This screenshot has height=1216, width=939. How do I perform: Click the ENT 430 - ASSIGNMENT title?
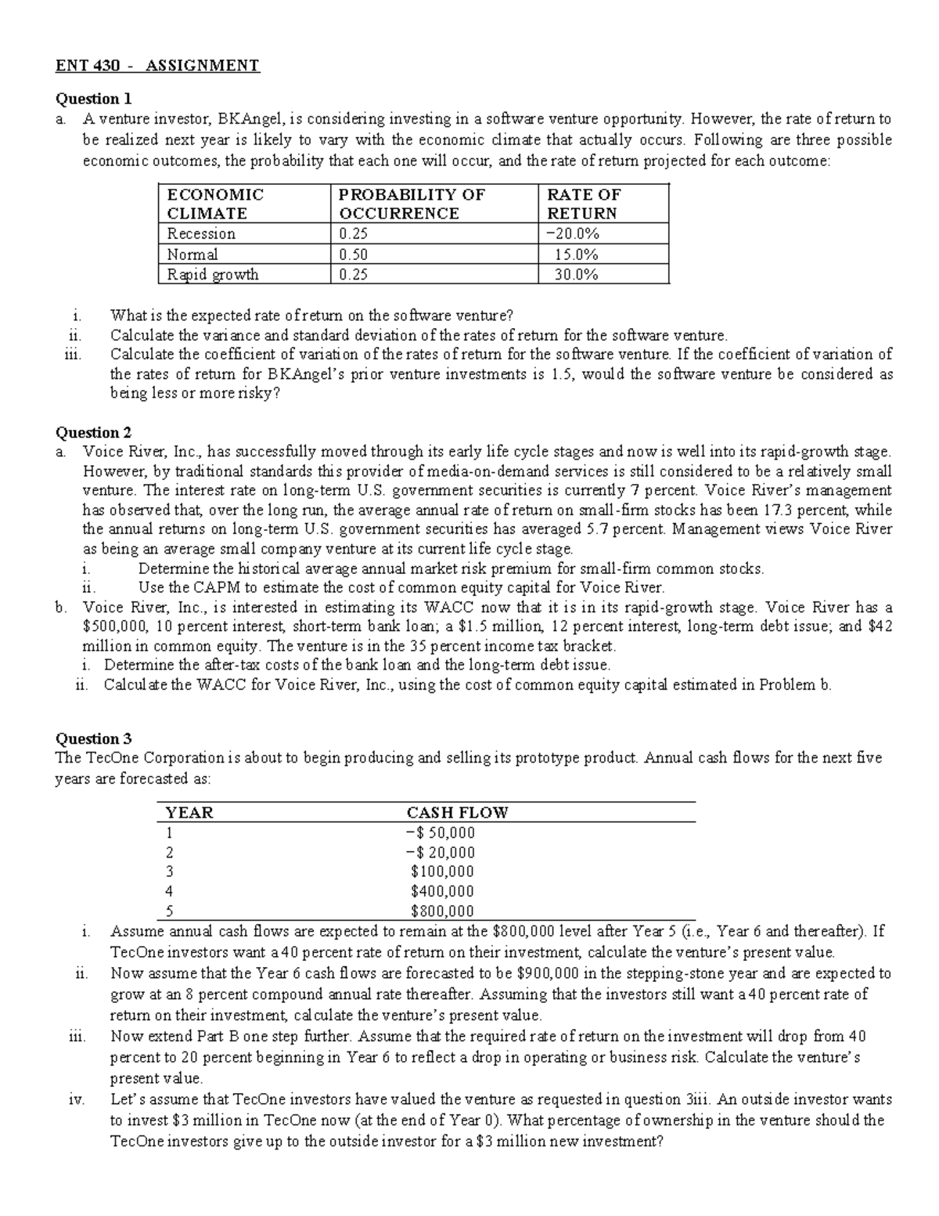pyautogui.click(x=156, y=66)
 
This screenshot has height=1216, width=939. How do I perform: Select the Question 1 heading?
pyautogui.click(x=93, y=99)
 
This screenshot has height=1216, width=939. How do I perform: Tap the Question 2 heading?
pyautogui.click(x=93, y=432)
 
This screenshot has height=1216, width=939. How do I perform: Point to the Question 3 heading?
pyautogui.click(x=93, y=738)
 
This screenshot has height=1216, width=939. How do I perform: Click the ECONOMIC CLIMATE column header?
pyautogui.click(x=215, y=204)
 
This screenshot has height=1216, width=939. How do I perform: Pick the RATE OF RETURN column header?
pyautogui.click(x=583, y=204)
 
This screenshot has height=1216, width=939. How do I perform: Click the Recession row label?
pyautogui.click(x=201, y=234)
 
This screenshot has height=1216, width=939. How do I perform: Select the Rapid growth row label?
pyautogui.click(x=213, y=275)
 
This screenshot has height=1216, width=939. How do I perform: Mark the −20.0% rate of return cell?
pyautogui.click(x=573, y=234)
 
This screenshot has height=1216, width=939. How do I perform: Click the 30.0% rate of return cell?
pyautogui.click(x=576, y=275)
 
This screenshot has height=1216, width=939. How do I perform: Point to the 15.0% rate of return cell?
pyautogui.click(x=576, y=254)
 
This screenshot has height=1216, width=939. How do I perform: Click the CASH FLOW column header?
pyautogui.click(x=457, y=813)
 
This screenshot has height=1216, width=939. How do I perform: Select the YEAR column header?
pyautogui.click(x=189, y=813)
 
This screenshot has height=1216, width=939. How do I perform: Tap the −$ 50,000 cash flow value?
pyautogui.click(x=441, y=833)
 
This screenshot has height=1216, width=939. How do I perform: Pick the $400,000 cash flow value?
pyautogui.click(x=442, y=891)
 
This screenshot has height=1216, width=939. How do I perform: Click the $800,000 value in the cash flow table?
pyautogui.click(x=442, y=911)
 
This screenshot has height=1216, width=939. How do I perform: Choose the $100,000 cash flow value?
pyautogui.click(x=442, y=871)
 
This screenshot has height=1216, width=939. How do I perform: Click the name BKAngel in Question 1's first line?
pyautogui.click(x=247, y=120)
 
